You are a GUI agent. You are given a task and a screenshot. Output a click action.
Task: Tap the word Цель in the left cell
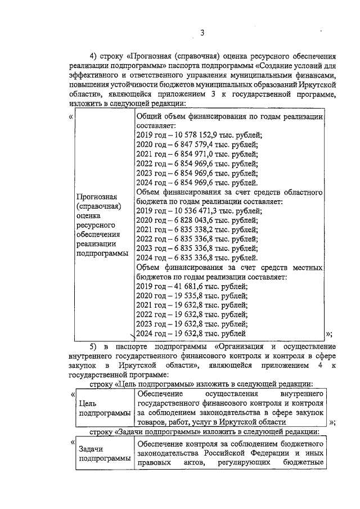(89, 403)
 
